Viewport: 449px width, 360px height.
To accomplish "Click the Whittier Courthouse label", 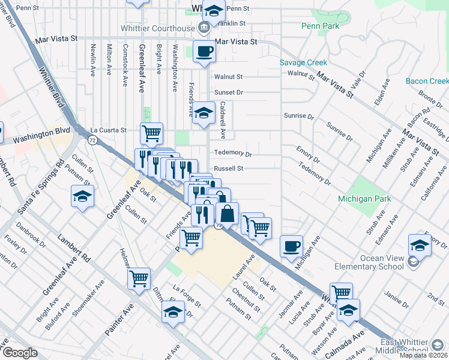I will click(163, 28).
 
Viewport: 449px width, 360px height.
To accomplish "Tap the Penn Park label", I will click(320, 26).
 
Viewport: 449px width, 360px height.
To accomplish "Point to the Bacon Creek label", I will click(427, 81).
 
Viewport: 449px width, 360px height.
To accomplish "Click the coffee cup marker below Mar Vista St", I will click(203, 52).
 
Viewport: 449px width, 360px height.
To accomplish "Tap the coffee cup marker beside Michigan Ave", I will click(291, 246).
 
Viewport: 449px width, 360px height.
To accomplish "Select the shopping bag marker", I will click(228, 213).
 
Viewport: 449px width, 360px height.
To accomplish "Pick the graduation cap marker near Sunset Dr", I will click(203, 113).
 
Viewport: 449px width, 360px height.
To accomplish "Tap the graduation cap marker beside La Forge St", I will click(173, 313).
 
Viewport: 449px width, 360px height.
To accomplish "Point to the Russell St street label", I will click(229, 169).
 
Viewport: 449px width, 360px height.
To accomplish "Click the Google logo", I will click(20, 353).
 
